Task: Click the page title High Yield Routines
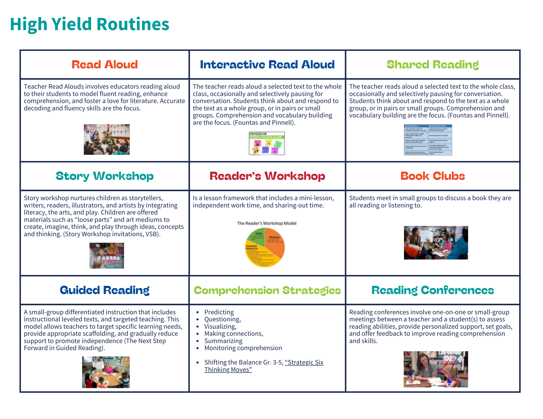click(x=90, y=24)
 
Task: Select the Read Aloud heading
click(x=105, y=65)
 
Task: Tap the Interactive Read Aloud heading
click(x=267, y=65)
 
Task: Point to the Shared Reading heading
click(x=432, y=65)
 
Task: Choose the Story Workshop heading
click(x=105, y=176)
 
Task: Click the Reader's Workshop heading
click(x=267, y=176)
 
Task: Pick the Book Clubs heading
click(x=432, y=176)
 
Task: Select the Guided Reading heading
click(x=105, y=290)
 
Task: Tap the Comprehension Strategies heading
click(x=267, y=290)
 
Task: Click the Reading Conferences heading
click(x=432, y=290)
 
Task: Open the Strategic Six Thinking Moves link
click(x=304, y=363)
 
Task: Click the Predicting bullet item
click(x=219, y=312)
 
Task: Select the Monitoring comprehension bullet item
click(x=243, y=348)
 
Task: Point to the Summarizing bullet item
click(x=223, y=341)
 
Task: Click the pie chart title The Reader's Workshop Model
click(x=266, y=223)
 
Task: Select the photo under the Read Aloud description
click(x=107, y=139)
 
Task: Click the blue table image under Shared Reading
click(x=428, y=140)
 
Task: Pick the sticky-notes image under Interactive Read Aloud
click(x=267, y=143)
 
